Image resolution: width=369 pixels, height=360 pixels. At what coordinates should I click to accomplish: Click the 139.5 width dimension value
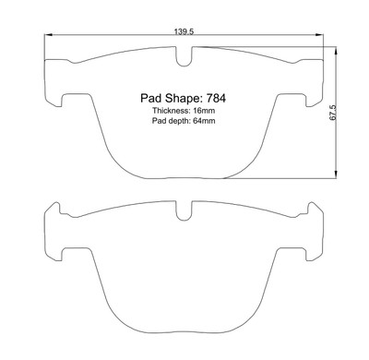pyautogui.click(x=184, y=32)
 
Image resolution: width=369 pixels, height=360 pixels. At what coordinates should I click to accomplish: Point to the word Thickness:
pyautogui.click(x=171, y=111)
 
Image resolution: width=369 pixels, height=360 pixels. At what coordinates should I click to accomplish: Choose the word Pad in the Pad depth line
pyautogui.click(x=160, y=123)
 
